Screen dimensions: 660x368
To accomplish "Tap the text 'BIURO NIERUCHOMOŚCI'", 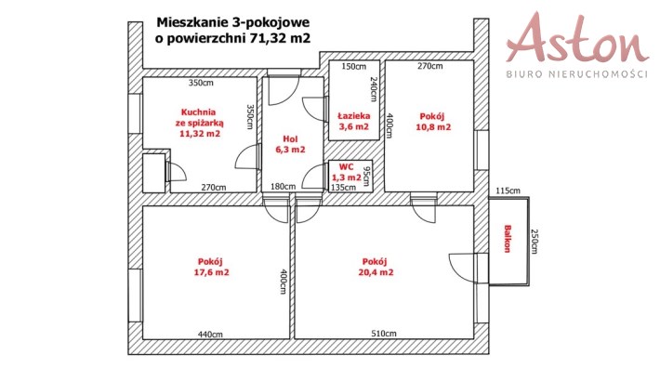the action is tap(576, 74).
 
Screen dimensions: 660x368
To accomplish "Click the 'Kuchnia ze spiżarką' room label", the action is tap(199, 124).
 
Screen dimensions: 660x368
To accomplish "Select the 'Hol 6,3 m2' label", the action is tap(290, 144).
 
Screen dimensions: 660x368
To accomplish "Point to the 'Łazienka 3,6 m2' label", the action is tap(354, 121).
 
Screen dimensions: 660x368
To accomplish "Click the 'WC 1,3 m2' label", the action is tap(347, 173).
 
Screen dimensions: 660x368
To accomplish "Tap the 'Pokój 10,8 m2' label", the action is tap(432, 122).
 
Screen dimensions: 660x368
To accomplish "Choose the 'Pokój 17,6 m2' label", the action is tap(211, 267).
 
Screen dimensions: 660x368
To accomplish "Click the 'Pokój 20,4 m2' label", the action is tap(376, 267).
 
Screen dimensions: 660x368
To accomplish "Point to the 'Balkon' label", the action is tap(508, 239).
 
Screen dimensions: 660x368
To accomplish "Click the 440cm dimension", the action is tap(210, 335).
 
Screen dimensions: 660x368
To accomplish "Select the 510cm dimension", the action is tap(384, 334).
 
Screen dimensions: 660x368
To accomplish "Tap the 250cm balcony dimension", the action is tap(535, 242).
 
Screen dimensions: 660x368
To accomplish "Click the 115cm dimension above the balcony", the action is tap(508, 191).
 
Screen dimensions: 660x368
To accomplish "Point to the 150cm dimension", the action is tap(354, 67).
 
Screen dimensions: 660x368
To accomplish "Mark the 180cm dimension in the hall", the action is tap(283, 186).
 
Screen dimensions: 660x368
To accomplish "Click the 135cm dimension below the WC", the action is tap(343, 187).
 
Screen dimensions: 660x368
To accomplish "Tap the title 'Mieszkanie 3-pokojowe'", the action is tap(232, 22).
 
